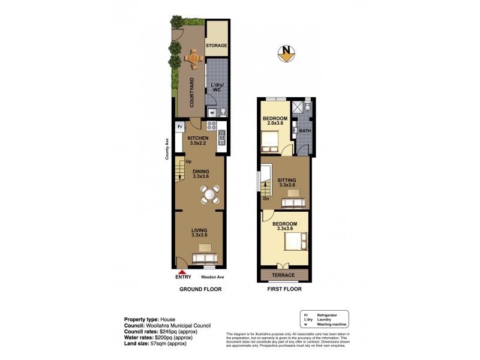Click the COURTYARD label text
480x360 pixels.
192,92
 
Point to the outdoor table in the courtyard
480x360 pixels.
194,58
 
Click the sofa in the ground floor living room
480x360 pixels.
204,259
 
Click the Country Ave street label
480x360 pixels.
167,149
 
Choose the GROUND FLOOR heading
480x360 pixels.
200,289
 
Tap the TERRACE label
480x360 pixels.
283,275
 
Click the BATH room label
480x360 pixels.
305,131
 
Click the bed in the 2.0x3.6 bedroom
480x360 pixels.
269,142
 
